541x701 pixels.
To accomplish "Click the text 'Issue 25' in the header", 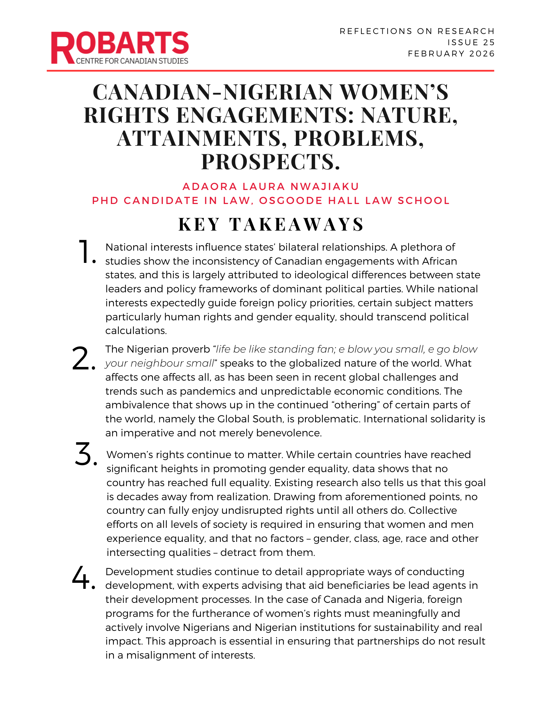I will [471, 42].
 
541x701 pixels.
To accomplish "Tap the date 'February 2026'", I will [451, 54].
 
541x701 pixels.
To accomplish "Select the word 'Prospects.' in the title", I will [271, 162].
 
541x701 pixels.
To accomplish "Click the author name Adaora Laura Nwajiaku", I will [271, 186].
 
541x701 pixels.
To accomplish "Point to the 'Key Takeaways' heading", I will [271, 224].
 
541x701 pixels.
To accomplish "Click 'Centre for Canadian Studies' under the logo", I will [132, 61].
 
